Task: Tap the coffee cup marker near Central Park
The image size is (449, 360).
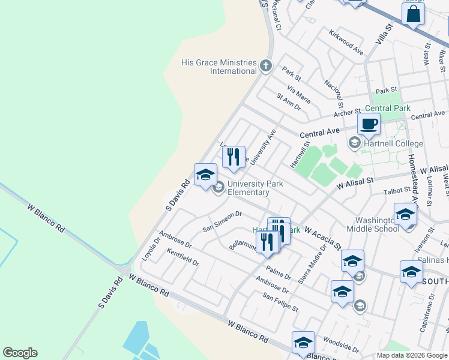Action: coord(369,124)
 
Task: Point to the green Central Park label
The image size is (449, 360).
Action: coord(387,109)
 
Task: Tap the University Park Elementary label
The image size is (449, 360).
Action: coord(253,188)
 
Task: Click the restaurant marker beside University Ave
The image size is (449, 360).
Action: coord(234,157)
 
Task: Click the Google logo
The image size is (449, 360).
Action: coord(20,353)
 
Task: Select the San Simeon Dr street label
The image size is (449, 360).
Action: coord(221,221)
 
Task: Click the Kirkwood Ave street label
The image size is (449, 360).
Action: coord(346,42)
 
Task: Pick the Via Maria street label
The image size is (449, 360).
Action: coord(299,94)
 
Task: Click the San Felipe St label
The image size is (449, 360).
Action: coord(280,302)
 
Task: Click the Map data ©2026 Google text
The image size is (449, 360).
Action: coord(411,355)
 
